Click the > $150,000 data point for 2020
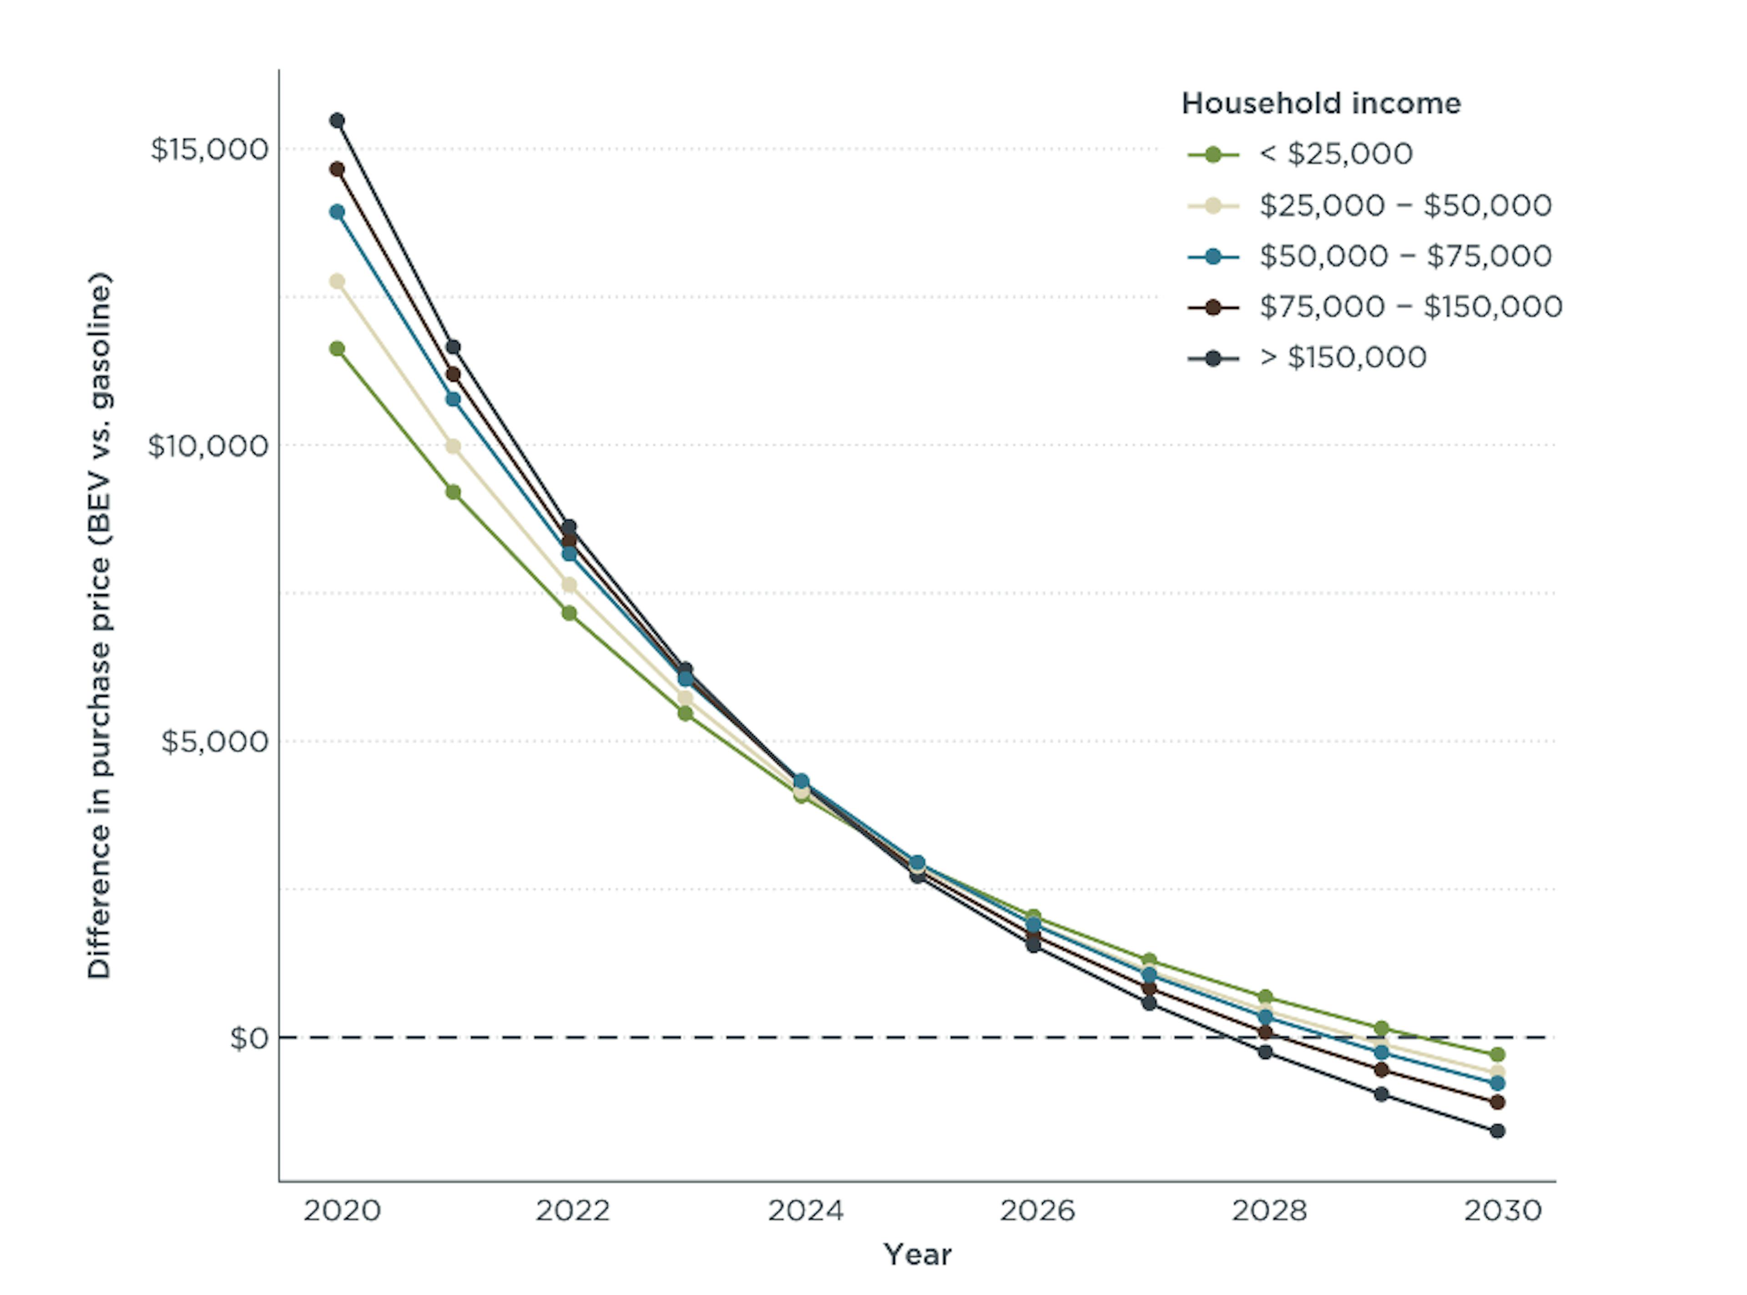337,121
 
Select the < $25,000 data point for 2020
337,349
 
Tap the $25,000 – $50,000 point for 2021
453,446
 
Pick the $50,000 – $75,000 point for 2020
337,212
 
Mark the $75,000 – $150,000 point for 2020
337,169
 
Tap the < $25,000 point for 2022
569,613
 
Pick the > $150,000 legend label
1343,358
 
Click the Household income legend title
1321,103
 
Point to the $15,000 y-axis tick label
209,149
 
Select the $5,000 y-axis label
214,741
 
